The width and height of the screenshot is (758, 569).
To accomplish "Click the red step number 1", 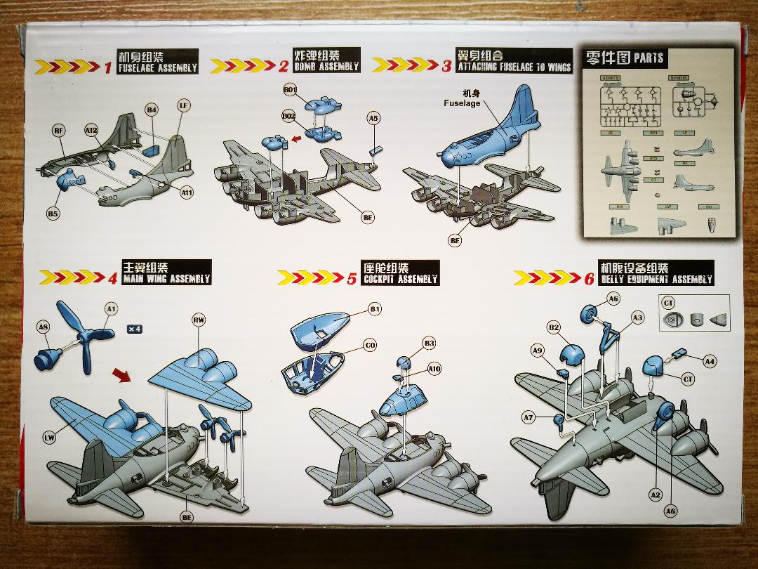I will [x=108, y=67].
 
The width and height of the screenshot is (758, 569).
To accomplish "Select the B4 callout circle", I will [x=152, y=110].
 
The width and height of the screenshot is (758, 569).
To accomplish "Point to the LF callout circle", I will [x=183, y=106].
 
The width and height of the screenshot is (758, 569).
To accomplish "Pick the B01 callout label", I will [x=290, y=90].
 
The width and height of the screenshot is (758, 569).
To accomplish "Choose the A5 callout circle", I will [x=373, y=119].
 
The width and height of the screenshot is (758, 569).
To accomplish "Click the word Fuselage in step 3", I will [x=462, y=103].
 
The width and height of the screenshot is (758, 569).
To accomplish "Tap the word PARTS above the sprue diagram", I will [x=648, y=58].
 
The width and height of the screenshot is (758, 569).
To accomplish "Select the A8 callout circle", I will [x=44, y=327].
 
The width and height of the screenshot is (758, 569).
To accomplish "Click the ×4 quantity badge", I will [x=135, y=328].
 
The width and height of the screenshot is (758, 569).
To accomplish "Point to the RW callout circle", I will [x=199, y=320].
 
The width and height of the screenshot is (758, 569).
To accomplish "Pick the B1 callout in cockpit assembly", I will [x=374, y=309].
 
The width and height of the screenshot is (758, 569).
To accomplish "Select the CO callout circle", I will [x=370, y=346].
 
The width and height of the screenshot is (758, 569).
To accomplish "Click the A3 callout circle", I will [x=637, y=318].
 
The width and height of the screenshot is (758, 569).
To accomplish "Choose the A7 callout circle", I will [x=528, y=417].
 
